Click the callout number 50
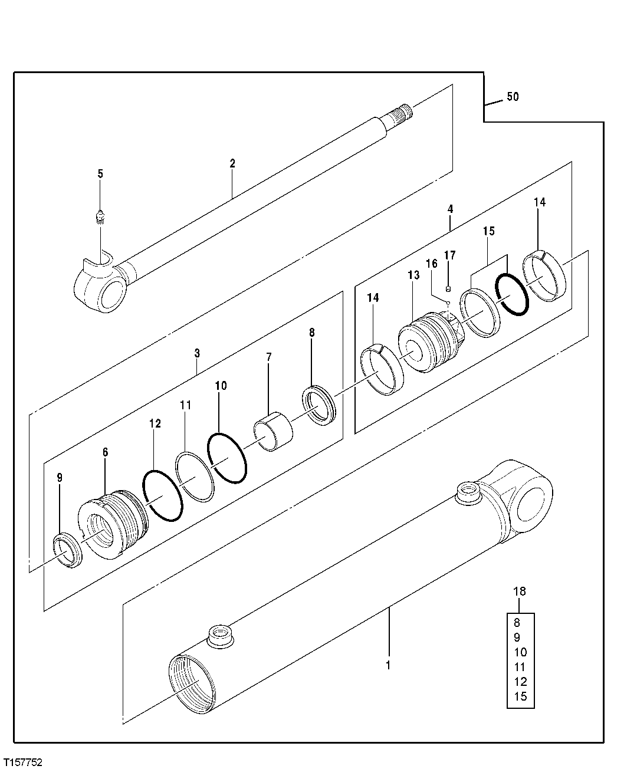coord(513,97)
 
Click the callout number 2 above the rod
coord(232,163)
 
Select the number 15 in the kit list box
coord(520,696)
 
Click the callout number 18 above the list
coord(520,591)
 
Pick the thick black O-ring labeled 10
coord(228,456)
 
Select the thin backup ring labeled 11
coord(195,476)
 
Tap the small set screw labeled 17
coord(449,288)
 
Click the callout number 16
coord(432,263)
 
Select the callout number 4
coord(450,209)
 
